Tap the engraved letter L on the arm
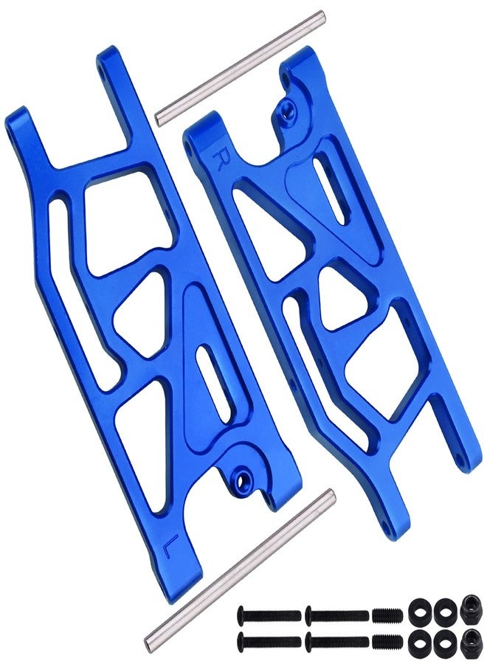pyautogui.click(x=168, y=542)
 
